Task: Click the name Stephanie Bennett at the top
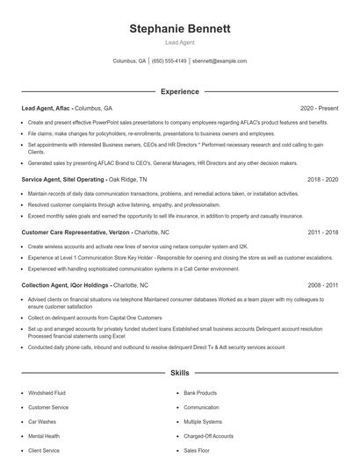pos(179,29)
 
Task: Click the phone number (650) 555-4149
pos(169,61)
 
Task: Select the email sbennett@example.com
pos(220,61)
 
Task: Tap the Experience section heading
pos(179,91)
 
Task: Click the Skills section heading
pos(179,373)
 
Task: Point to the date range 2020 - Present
pos(319,109)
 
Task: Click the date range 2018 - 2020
pos(321,178)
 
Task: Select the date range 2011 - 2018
pos(321,233)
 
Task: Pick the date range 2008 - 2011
pos(321,285)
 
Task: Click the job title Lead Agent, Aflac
pos(46,109)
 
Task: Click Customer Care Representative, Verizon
pos(75,233)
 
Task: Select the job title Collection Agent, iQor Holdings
pos(65,285)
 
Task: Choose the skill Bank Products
pos(200,393)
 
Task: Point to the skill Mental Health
pos(44,435)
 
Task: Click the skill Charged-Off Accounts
pos(209,435)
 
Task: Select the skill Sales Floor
pos(197,449)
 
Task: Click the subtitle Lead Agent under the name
pos(179,42)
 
